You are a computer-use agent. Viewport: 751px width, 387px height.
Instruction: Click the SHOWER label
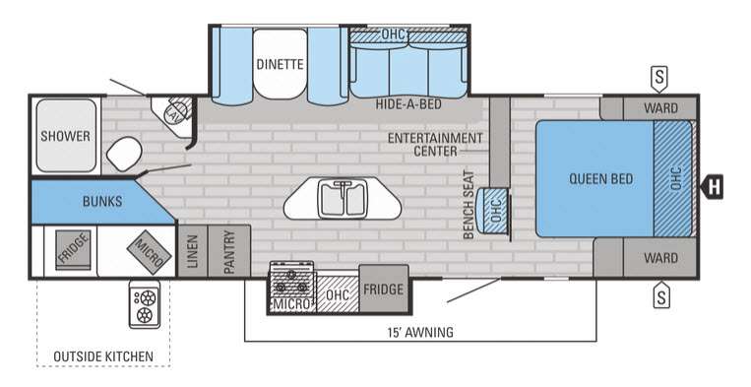(x=65, y=136)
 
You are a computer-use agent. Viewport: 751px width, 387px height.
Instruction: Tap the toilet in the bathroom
(x=124, y=154)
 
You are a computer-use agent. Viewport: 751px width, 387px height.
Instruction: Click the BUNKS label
(x=102, y=201)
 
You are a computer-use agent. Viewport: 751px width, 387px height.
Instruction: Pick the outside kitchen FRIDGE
(x=73, y=249)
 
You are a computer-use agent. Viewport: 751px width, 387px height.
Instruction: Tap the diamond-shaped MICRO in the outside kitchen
(x=149, y=252)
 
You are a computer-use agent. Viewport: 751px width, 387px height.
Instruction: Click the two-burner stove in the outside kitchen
(x=144, y=304)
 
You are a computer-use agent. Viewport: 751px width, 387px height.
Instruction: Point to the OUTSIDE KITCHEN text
(x=103, y=356)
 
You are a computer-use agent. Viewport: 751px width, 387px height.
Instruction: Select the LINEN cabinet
(x=192, y=250)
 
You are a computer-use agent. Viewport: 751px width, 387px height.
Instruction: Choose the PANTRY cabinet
(x=229, y=250)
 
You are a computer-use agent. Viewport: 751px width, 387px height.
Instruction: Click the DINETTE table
(x=280, y=64)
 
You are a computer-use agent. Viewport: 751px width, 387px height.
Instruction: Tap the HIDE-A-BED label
(x=408, y=104)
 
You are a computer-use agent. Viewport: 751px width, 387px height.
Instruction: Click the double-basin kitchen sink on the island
(x=342, y=199)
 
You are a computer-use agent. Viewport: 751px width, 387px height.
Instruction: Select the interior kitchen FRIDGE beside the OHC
(x=384, y=289)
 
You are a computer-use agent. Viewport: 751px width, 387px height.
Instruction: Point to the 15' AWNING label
(x=420, y=332)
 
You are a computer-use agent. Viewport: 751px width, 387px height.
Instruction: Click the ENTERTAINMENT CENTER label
(x=435, y=144)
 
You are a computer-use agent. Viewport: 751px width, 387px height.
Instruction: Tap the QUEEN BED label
(x=600, y=179)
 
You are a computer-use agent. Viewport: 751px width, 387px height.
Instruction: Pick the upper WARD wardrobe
(x=660, y=107)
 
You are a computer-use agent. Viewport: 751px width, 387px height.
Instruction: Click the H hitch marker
(x=713, y=186)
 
